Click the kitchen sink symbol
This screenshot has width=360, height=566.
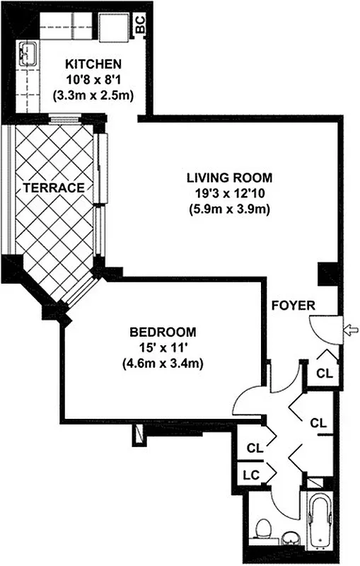pos(29,53)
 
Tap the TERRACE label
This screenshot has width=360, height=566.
pos(54,187)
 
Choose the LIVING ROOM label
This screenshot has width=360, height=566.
pos(229,177)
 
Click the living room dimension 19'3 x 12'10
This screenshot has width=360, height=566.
pos(229,193)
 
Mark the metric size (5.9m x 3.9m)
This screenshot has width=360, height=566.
pos(229,209)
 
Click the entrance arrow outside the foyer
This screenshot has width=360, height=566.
pos(349,328)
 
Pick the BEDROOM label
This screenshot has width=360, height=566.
pos(163,331)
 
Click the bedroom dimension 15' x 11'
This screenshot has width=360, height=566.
pos(163,347)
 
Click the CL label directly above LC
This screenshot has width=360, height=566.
pos(255,448)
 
